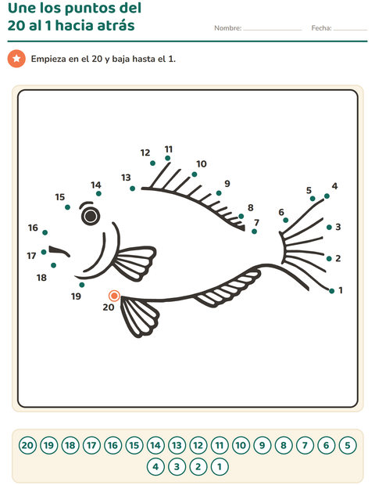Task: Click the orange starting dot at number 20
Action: pyautogui.click(x=114, y=296)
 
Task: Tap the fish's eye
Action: pyautogui.click(x=91, y=216)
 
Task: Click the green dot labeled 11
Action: pyautogui.click(x=168, y=158)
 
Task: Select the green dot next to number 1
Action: pyautogui.click(x=332, y=291)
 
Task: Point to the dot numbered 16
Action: pyautogui.click(x=45, y=232)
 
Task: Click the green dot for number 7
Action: pyautogui.click(x=254, y=232)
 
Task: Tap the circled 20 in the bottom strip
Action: pyautogui.click(x=27, y=445)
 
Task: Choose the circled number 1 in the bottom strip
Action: pyautogui.click(x=220, y=466)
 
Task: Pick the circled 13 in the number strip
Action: pyautogui.click(x=177, y=445)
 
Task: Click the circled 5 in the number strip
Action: pyautogui.click(x=348, y=445)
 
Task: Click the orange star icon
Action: pyautogui.click(x=16, y=59)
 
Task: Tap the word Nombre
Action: pyautogui.click(x=228, y=28)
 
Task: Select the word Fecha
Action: pyautogui.click(x=321, y=28)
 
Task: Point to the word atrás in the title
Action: pyautogui.click(x=116, y=25)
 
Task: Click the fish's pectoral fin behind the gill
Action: pyautogui.click(x=134, y=262)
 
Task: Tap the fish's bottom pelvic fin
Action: pyautogui.click(x=139, y=315)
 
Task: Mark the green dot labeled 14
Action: pyautogui.click(x=98, y=194)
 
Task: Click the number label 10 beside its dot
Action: pyautogui.click(x=202, y=164)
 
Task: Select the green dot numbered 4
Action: pyautogui.click(x=327, y=196)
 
